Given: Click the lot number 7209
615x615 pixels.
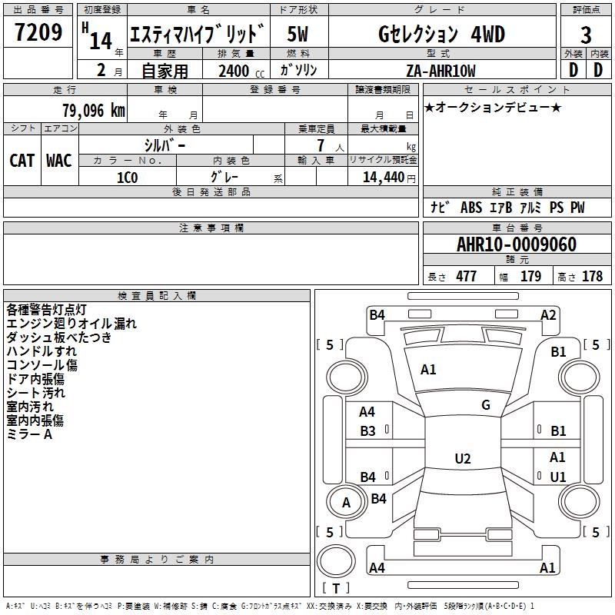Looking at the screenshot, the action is [x=38, y=33].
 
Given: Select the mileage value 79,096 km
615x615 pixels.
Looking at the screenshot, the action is [x=93, y=110].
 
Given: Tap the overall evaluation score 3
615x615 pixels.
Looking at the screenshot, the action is [x=586, y=35].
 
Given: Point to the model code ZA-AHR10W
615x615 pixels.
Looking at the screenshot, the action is [x=440, y=71].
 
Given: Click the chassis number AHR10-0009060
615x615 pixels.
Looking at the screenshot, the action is [x=516, y=245].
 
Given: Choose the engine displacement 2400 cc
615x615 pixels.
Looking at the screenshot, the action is [x=234, y=71].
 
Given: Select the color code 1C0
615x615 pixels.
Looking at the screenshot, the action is [x=127, y=177].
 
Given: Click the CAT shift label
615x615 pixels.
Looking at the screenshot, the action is [x=22, y=161].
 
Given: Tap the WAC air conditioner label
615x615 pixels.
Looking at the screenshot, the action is [x=59, y=161].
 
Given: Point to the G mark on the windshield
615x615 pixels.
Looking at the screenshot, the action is [x=486, y=405].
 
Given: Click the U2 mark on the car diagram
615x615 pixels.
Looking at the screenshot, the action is [x=462, y=459].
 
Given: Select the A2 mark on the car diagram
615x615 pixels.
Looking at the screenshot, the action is [x=548, y=314].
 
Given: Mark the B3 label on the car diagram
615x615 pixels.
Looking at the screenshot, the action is [x=368, y=431].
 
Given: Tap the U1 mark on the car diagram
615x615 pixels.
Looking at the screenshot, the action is [x=558, y=477].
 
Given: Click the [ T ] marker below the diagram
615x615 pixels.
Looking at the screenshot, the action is [x=336, y=588].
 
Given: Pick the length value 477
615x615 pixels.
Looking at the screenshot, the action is [x=466, y=277].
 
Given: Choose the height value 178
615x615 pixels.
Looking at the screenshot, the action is [x=592, y=277].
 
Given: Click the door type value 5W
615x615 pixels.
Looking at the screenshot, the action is [x=298, y=35].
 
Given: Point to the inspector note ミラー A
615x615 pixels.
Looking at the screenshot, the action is [x=29, y=434].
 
